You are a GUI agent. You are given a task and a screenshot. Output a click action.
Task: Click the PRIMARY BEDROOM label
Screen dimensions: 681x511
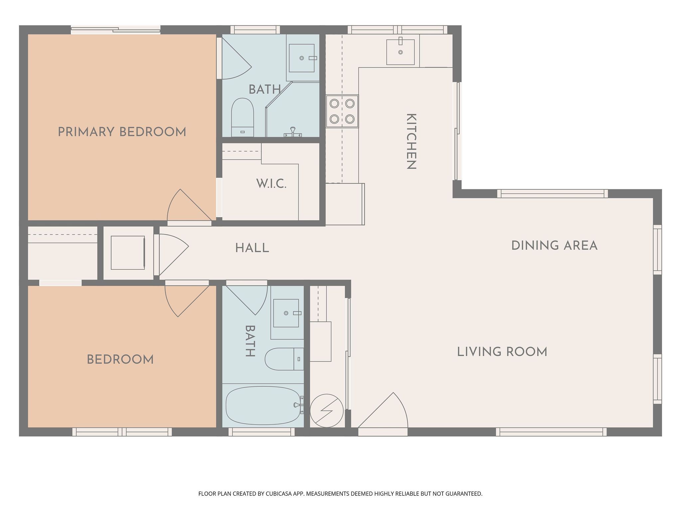(122, 132)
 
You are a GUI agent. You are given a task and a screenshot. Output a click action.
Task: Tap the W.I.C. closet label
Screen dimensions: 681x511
(271, 184)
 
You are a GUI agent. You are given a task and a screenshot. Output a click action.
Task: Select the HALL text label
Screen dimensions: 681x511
(252, 248)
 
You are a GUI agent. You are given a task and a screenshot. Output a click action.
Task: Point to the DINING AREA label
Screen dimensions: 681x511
(554, 246)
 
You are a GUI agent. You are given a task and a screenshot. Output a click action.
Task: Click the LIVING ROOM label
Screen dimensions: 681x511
(502, 352)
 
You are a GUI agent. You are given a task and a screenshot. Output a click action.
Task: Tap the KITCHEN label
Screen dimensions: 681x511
(412, 141)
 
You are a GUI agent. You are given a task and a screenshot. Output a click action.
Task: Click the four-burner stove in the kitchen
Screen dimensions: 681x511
(342, 111)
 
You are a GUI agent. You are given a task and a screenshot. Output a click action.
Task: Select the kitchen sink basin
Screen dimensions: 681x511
(400, 52)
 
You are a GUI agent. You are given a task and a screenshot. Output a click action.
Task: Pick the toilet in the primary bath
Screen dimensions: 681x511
(242, 117)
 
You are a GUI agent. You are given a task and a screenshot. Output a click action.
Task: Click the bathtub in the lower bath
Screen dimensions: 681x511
(263, 406)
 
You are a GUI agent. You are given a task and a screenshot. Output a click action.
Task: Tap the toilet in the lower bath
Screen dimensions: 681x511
(284, 359)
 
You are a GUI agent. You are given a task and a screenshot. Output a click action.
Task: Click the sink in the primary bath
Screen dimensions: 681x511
(302, 58)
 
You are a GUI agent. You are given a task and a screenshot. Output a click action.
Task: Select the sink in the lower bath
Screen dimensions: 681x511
(286, 313)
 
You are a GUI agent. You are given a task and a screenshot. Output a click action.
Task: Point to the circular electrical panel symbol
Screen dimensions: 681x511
(327, 411)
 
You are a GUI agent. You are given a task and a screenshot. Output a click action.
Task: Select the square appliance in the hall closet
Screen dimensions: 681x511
(128, 253)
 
